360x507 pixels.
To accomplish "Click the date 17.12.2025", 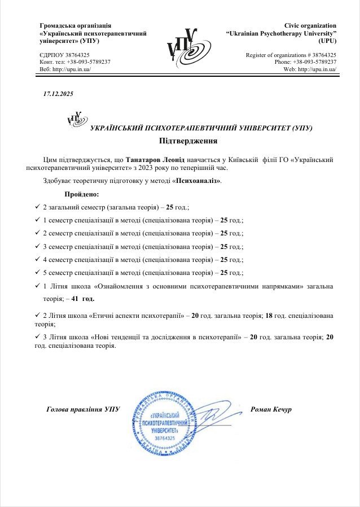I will point(58,94).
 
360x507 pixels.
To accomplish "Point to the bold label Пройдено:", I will point(82,195).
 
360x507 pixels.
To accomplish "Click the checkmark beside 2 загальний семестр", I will point(37,207).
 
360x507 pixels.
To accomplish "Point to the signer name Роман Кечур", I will point(270,409).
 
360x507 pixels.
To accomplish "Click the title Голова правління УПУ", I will point(83,409).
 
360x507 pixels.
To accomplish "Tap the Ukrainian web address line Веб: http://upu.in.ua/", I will point(65,69).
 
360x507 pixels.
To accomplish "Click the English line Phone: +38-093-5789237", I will point(305,62).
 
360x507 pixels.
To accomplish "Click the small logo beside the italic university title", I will point(74,119).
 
